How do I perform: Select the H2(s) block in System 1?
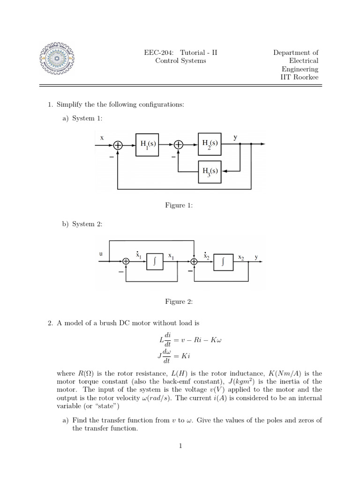[x=210, y=145]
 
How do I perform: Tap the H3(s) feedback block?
[x=210, y=172]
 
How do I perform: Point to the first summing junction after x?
[x=118, y=146]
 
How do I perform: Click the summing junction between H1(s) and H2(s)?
[x=179, y=146]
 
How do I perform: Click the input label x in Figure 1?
[x=101, y=137]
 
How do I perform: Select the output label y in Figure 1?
[x=235, y=137]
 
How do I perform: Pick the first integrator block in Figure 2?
[x=155, y=262]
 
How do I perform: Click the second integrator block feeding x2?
[x=223, y=262]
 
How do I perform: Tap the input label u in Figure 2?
[x=100, y=254]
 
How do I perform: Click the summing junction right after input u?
[x=126, y=262]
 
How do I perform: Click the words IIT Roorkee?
[x=299, y=77]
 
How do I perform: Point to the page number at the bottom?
[x=180, y=445]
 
